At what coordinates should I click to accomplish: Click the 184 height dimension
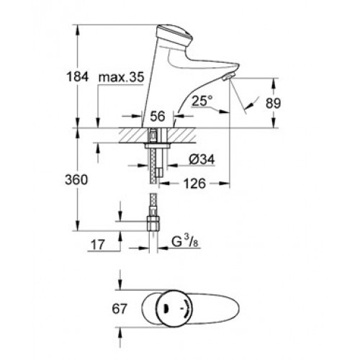point(78,77)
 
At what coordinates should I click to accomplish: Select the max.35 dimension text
point(122,77)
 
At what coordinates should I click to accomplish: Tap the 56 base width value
point(158,116)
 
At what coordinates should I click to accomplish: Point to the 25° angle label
point(202,101)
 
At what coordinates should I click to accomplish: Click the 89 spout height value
point(273,103)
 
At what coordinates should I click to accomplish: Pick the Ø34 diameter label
point(202,159)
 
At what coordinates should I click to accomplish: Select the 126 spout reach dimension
point(194,184)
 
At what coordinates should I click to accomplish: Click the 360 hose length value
point(76,180)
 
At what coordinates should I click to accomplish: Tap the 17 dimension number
point(98,245)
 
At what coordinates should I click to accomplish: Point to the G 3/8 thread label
point(185,242)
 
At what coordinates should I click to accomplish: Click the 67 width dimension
point(119,309)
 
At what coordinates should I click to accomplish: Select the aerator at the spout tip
point(228,77)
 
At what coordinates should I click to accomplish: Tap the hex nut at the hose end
point(153,223)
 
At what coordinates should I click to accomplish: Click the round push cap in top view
point(174,308)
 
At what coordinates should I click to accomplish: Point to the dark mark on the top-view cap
point(166,309)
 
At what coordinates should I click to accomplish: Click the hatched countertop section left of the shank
point(133,135)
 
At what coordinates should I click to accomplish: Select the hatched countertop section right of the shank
point(181,135)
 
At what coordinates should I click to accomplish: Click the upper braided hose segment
point(152,166)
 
